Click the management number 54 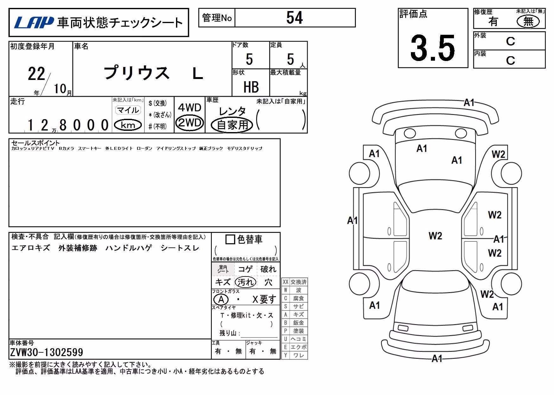[x=295, y=17]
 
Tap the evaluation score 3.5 [x=432, y=48]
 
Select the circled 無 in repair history [x=528, y=21]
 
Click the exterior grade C [x=510, y=41]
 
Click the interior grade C [x=510, y=60]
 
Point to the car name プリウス [x=136, y=73]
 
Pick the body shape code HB [x=251, y=87]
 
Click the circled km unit [x=128, y=125]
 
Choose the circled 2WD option [x=190, y=122]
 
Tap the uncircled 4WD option [x=190, y=107]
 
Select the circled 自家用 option [x=232, y=125]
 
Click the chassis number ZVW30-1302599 [x=47, y=352]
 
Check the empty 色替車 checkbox [x=230, y=240]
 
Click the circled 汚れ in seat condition [x=246, y=282]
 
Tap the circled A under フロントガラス [x=221, y=299]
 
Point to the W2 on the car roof [x=435, y=236]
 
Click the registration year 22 [x=37, y=74]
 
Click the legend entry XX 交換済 [x=295, y=282]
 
